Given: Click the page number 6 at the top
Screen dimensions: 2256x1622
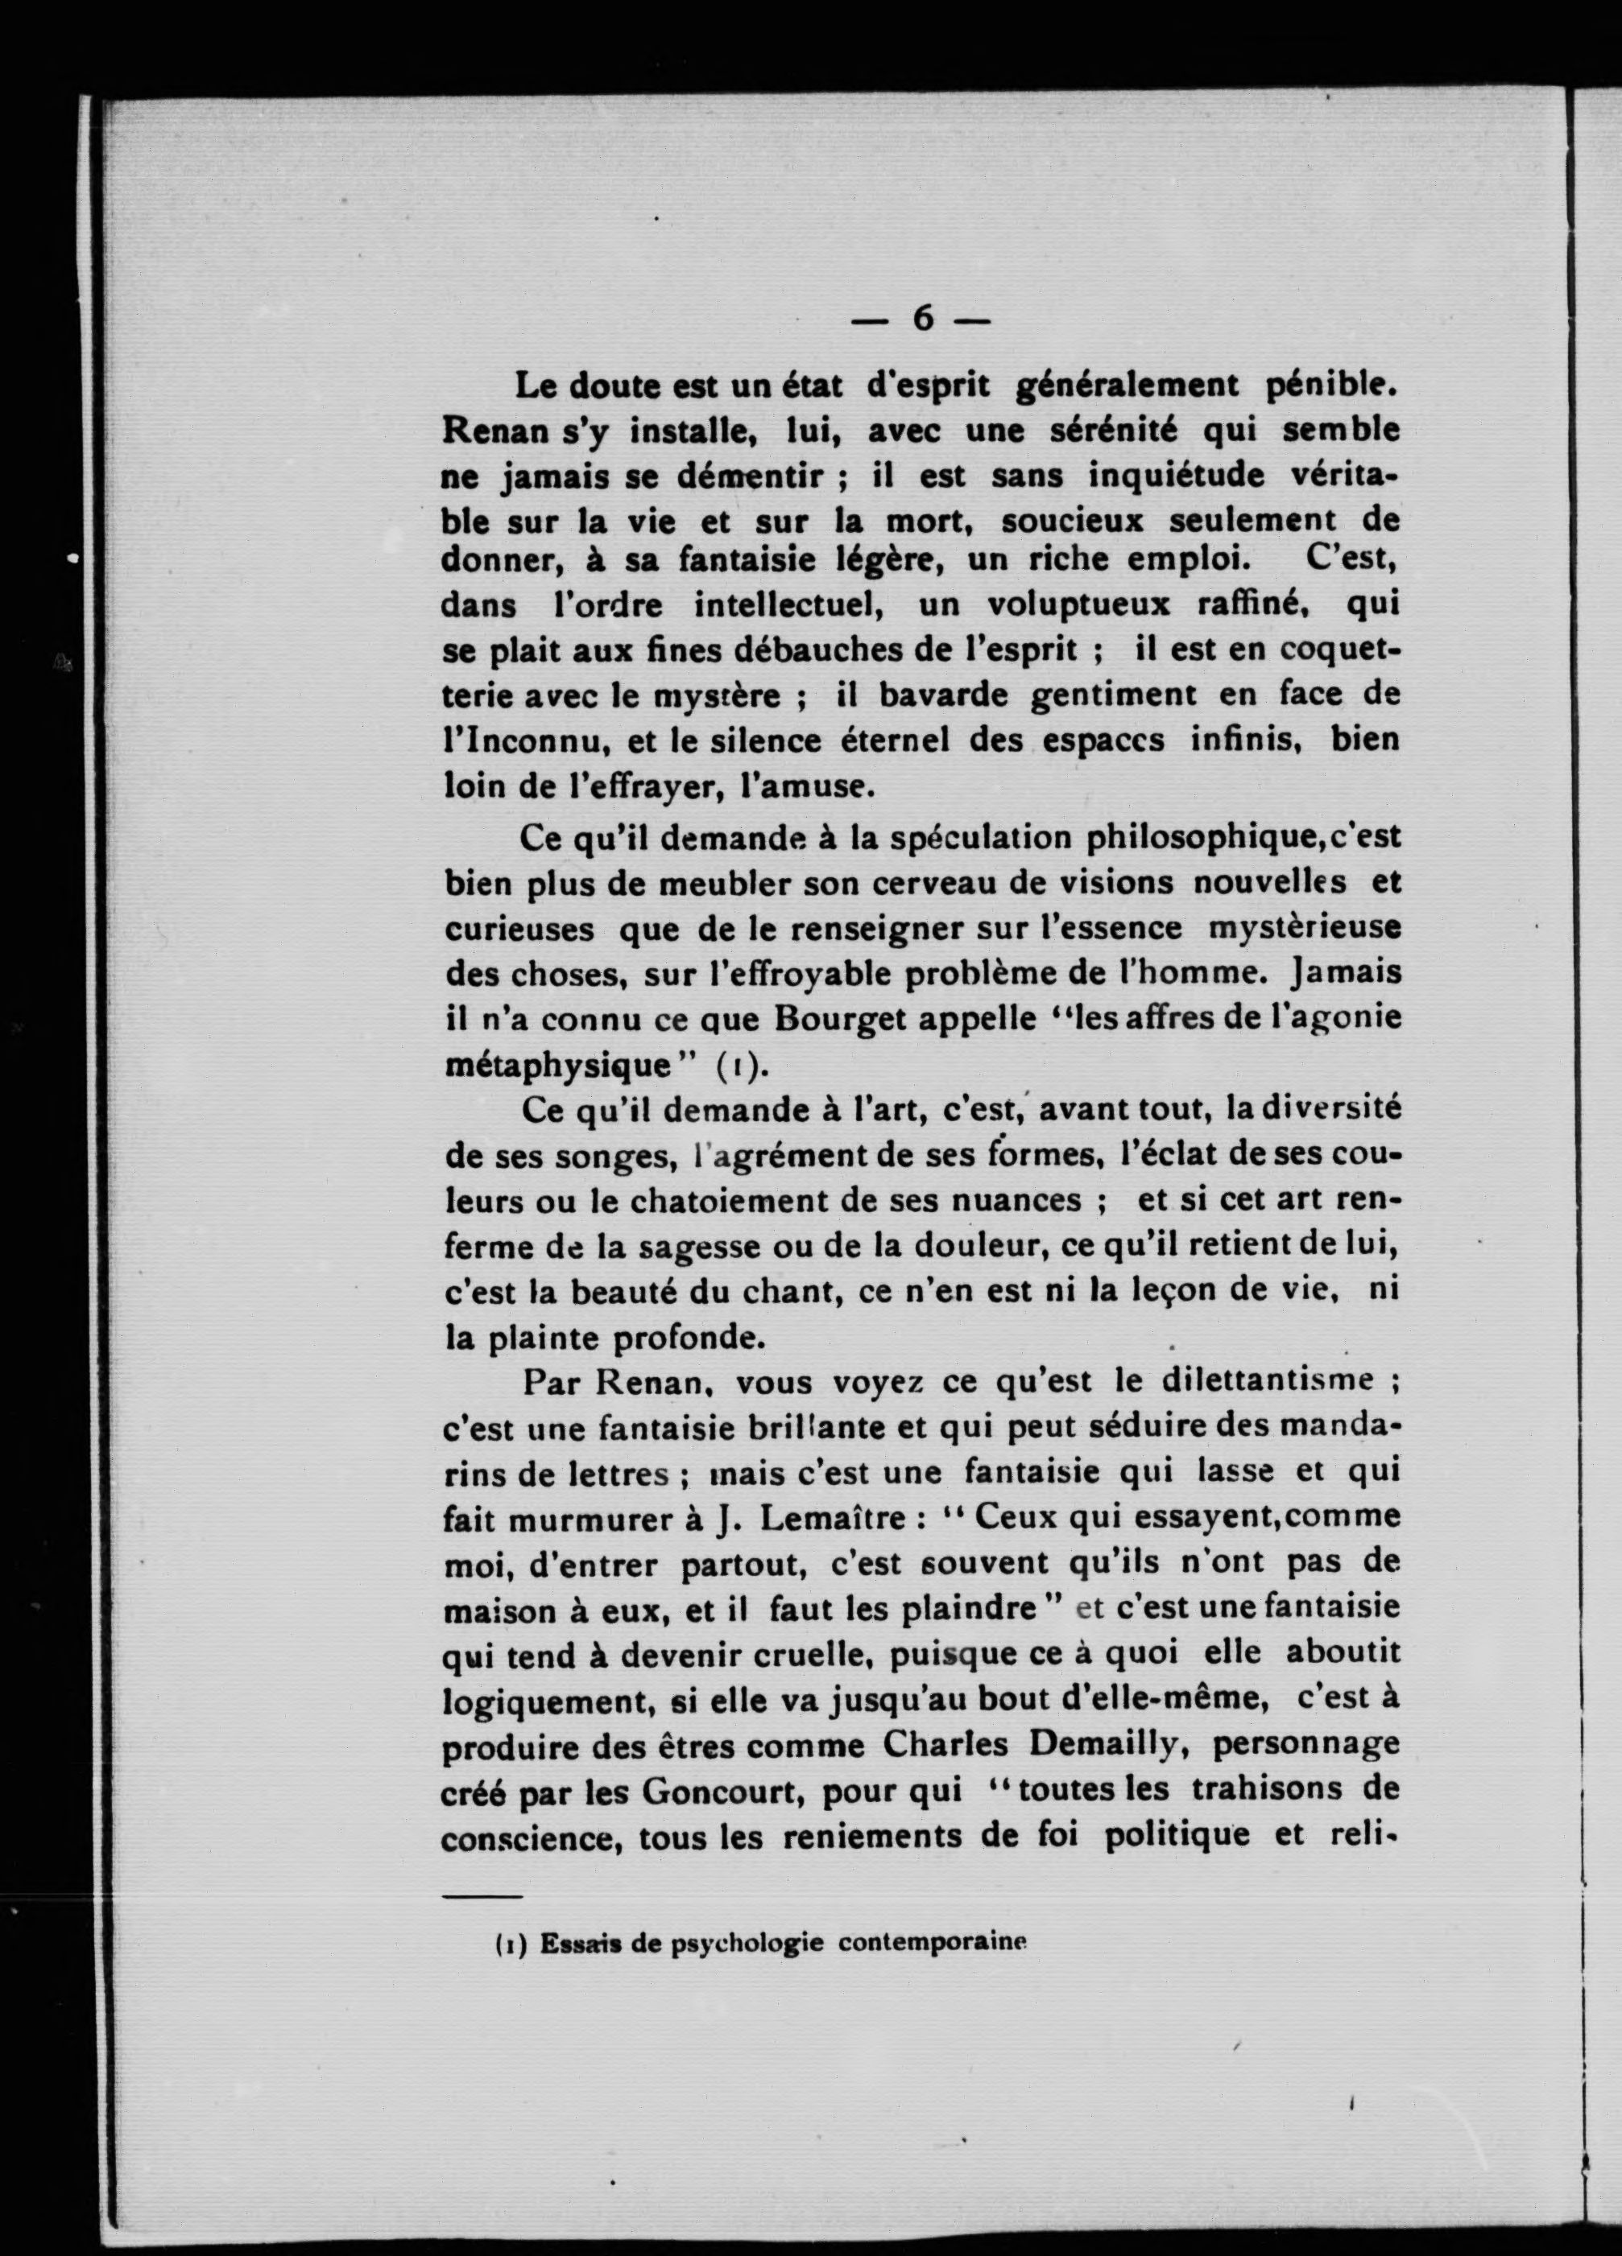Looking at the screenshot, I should tap(922, 320).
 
